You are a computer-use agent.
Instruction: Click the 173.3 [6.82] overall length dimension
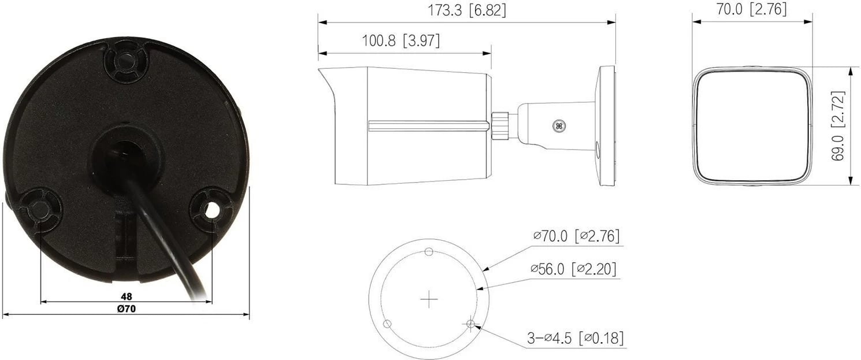click(467, 10)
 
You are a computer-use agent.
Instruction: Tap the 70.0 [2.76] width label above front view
click(752, 9)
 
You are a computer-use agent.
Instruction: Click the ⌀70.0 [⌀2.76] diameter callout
click(576, 236)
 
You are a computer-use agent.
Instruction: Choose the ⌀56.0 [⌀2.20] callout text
click(573, 269)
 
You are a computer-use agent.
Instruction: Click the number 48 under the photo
click(126, 296)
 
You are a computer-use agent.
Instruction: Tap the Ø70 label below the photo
click(126, 309)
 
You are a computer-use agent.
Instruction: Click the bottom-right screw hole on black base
click(211, 210)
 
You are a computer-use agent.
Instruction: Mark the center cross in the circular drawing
click(429, 300)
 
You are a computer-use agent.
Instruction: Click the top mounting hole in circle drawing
click(429, 251)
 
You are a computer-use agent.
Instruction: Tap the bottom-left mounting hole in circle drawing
click(388, 323)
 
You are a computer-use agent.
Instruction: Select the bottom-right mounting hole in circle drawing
click(471, 324)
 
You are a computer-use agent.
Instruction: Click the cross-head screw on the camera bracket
click(558, 124)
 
